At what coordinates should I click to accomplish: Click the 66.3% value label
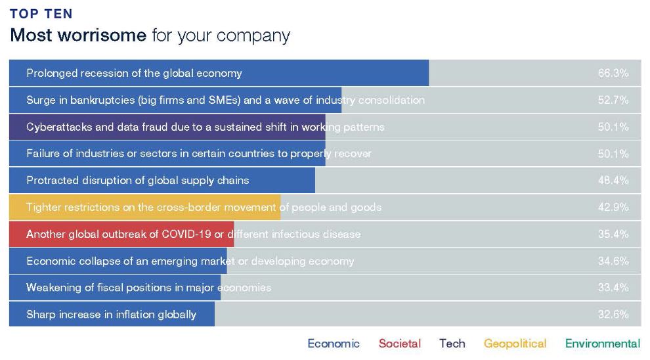coord(613,73)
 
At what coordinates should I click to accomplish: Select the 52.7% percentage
coord(613,100)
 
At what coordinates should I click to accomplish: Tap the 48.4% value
coord(613,181)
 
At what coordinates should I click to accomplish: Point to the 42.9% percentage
coord(613,207)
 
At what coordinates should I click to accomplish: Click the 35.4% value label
coord(613,234)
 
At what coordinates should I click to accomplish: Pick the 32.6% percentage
coord(613,315)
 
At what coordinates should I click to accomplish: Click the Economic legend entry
coord(334,344)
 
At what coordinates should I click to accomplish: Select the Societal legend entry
coord(400,344)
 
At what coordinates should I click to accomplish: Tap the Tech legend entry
coord(452,344)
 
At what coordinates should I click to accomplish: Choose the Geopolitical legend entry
coord(515,344)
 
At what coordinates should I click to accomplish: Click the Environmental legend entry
coord(603,344)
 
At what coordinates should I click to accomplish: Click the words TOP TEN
coord(41,14)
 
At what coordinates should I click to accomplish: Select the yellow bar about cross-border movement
coord(144,207)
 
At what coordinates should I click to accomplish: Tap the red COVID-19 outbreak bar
coord(121,234)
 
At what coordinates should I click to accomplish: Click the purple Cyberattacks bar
coord(167,127)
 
